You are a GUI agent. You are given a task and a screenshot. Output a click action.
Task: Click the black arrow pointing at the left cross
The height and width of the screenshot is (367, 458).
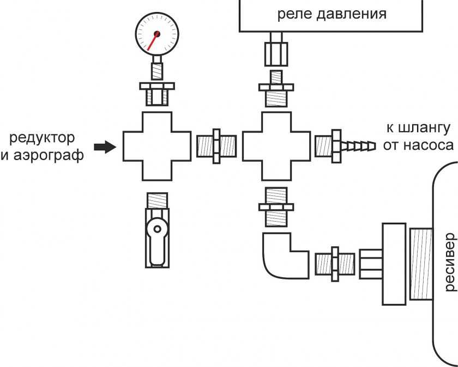105,146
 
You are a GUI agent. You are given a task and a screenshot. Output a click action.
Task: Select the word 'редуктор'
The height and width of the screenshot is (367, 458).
42,136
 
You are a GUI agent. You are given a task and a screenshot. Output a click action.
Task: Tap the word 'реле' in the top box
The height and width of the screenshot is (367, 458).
294,14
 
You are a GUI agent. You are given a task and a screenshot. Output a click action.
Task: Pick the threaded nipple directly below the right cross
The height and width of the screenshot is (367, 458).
276,206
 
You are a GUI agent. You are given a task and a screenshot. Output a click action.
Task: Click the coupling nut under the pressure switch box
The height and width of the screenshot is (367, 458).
275,51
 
